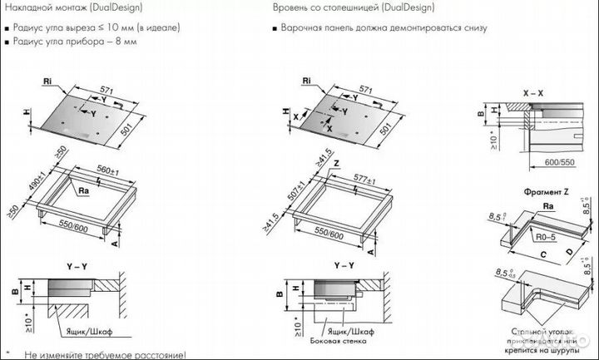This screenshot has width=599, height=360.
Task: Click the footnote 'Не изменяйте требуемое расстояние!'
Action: (105, 354)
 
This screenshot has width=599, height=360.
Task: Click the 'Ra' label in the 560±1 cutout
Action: (84, 190)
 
